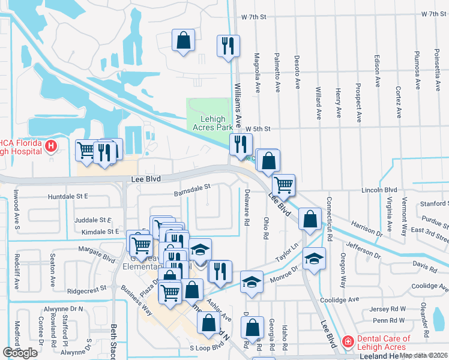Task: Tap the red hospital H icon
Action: pyautogui.click(x=52, y=146)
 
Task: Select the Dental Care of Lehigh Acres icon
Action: pyautogui.click(x=347, y=342)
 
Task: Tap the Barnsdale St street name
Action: pyautogui.click(x=192, y=190)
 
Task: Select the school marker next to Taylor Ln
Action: pyautogui.click(x=312, y=259)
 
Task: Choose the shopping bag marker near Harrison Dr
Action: pyautogui.click(x=309, y=219)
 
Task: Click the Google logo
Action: pyautogui.click(x=20, y=353)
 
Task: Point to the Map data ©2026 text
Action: pyautogui.click(x=424, y=355)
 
